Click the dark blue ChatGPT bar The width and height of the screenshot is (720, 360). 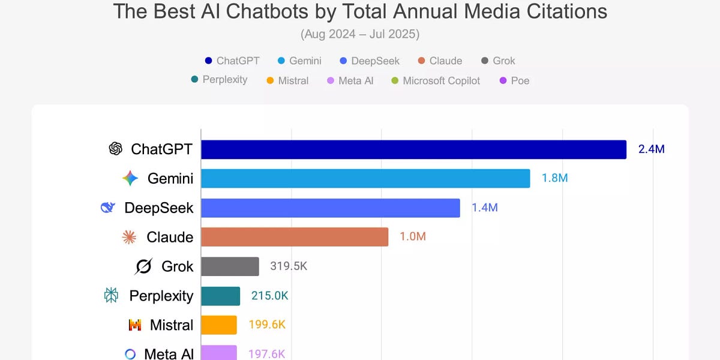[x=413, y=149]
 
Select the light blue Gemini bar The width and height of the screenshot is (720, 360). [x=365, y=178]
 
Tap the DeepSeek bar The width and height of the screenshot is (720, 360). [x=331, y=208]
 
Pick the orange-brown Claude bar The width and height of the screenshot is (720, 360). [x=295, y=237]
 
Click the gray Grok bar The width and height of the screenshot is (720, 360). [x=230, y=266]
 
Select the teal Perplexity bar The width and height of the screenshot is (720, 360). [x=220, y=296]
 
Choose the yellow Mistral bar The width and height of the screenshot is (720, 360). [x=219, y=325]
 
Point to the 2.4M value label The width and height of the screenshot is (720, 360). [x=651, y=149]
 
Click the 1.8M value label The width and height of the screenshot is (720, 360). [x=554, y=178]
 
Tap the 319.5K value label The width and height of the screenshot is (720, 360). [x=289, y=266]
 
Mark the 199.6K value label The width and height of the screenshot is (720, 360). [x=266, y=325]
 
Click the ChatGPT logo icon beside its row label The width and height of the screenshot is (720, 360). [x=115, y=149]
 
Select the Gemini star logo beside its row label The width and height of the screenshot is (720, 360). [x=130, y=178]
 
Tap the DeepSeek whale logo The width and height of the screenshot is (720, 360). [x=108, y=208]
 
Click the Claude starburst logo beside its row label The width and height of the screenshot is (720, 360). [x=129, y=237]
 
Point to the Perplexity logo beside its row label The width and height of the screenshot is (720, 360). [x=111, y=296]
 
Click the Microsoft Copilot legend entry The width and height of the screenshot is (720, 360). [x=436, y=80]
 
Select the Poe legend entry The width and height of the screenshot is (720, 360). [x=514, y=80]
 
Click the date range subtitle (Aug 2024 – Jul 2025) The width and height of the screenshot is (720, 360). [x=360, y=34]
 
